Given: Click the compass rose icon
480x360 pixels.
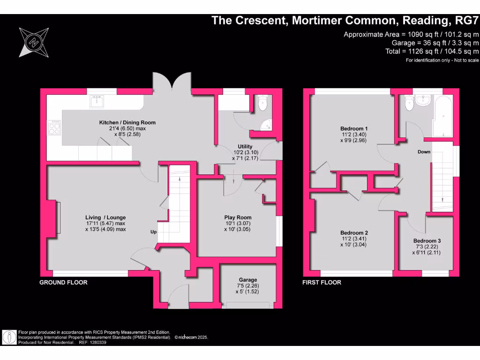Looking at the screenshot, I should [x=33, y=42].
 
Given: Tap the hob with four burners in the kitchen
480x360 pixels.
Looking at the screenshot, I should [x=54, y=127].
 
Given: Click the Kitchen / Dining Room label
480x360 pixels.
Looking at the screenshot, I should [x=127, y=122].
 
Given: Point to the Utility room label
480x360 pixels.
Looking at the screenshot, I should [x=244, y=147].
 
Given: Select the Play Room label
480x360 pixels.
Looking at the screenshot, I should [x=238, y=217].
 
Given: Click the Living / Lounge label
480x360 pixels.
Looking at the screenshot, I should [x=105, y=217].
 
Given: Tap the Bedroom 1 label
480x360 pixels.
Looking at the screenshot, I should [x=353, y=128].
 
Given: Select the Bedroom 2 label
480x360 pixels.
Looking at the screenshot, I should [x=354, y=233].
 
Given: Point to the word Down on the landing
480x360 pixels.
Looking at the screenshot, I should [x=424, y=152].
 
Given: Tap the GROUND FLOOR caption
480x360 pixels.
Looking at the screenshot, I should [x=63, y=282].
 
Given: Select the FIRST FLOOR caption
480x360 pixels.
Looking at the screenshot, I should [x=322, y=282].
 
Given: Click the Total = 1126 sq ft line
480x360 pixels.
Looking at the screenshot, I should [x=432, y=51].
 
